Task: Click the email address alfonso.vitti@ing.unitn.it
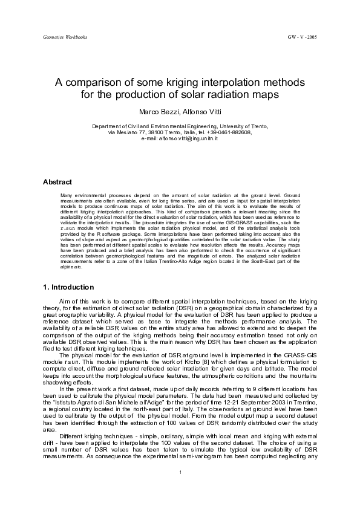tap(189, 139)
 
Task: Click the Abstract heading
tap(57, 182)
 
